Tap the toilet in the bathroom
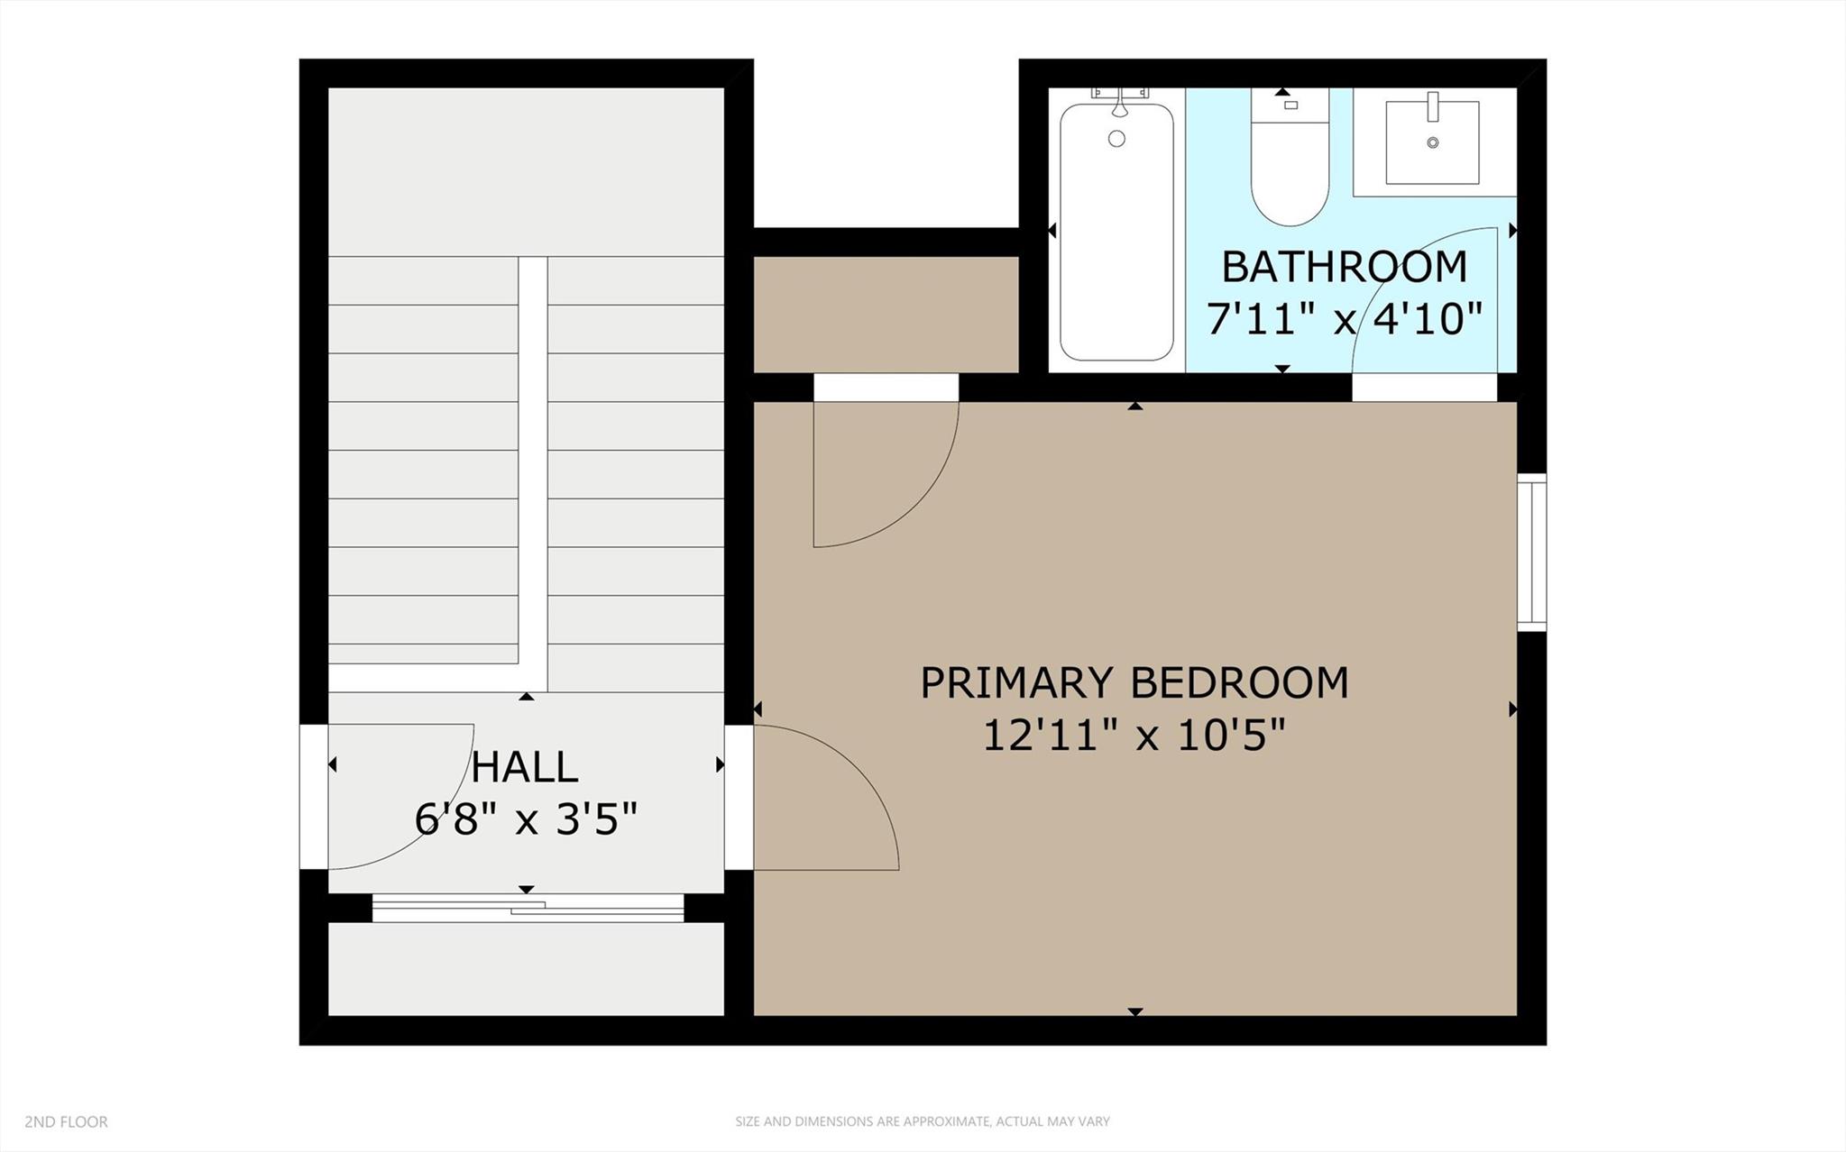[x=1290, y=171]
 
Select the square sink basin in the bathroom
[x=1432, y=142]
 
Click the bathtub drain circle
[x=1116, y=139]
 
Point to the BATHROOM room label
[x=1344, y=267]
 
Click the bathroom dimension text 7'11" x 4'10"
[x=1344, y=319]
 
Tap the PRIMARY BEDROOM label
[x=1134, y=682]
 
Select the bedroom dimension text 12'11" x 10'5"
[x=1134, y=736]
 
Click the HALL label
[x=525, y=767]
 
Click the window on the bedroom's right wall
[x=1531, y=552]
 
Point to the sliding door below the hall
[x=528, y=909]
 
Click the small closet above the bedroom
[x=886, y=314]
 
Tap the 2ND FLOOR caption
[x=66, y=1121]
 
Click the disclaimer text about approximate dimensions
[x=922, y=1121]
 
